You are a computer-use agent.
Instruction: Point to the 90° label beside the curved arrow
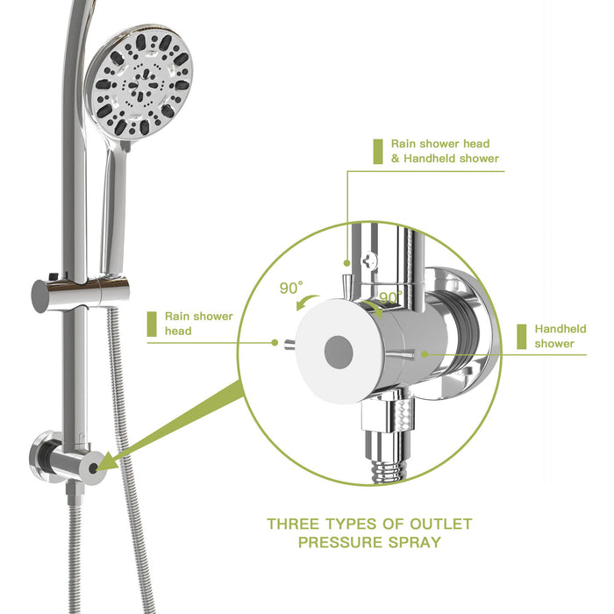click(x=291, y=287)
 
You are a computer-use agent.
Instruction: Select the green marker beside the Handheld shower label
click(x=521, y=336)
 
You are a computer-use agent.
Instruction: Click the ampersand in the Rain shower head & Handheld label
click(x=396, y=159)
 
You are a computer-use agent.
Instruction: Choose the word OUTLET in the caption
click(x=439, y=525)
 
